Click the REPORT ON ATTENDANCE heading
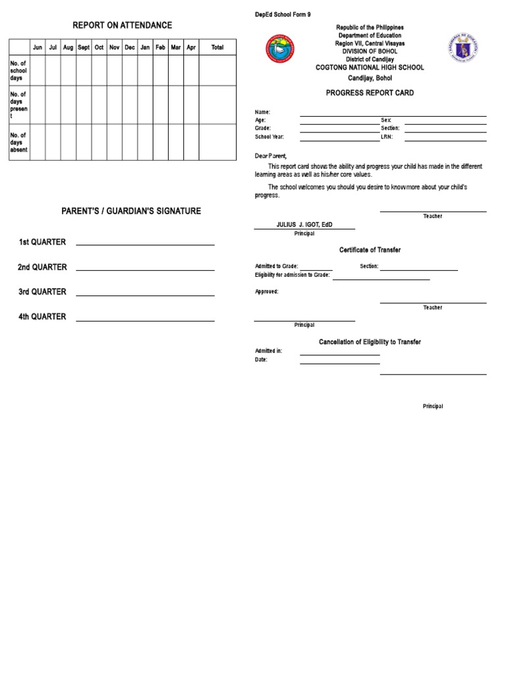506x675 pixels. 122,25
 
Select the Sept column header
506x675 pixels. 84,47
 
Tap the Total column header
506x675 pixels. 217,47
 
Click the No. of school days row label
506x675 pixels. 18,70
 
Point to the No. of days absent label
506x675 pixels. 18,142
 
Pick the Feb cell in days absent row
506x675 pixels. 160,142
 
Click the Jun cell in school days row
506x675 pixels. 38,70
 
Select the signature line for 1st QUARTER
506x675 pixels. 145,245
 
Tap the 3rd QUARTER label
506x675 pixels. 42,291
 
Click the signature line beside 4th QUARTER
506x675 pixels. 145,320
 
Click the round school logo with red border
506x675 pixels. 280,49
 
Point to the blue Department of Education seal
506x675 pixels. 464,49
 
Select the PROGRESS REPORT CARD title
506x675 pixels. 370,93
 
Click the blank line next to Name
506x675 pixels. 393,115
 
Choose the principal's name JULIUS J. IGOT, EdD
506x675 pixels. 304,225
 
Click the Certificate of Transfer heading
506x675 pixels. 370,250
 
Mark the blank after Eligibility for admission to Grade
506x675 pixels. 381,279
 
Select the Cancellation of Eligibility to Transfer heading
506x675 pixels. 370,342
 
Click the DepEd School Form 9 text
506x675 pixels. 283,15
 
